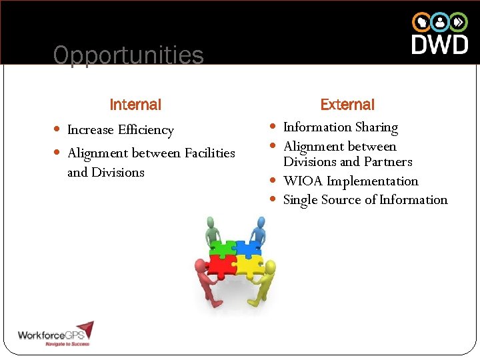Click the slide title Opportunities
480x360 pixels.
(128, 55)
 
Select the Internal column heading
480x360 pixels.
(135, 105)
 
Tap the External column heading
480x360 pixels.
(347, 105)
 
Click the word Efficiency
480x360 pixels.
(146, 130)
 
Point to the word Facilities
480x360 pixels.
(209, 153)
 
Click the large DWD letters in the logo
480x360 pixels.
(439, 45)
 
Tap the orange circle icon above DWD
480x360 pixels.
(421, 22)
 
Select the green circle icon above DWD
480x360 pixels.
(459, 22)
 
